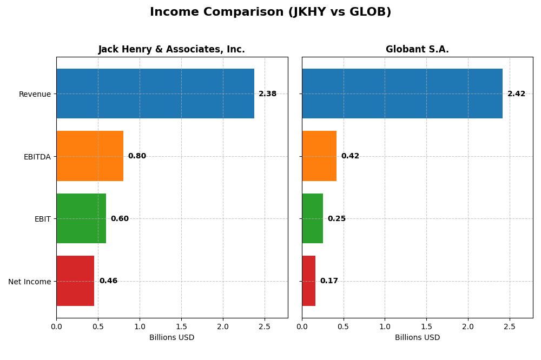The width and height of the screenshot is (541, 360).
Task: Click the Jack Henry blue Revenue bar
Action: click(155, 94)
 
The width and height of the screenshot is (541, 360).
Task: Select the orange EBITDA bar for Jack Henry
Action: click(90, 156)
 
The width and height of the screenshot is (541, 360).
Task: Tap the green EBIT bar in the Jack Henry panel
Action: click(81, 218)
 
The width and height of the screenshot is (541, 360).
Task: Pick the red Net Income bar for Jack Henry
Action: click(75, 281)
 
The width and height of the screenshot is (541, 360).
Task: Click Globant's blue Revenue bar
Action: click(402, 94)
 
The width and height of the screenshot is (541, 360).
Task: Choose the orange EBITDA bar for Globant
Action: click(319, 156)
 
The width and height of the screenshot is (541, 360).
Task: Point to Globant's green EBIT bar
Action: click(312, 218)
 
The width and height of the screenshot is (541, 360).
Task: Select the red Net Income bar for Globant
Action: click(309, 281)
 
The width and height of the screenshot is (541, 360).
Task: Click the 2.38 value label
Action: click(267, 94)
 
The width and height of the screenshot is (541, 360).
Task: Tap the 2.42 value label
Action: click(516, 94)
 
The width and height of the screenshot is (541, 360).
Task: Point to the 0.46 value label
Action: click(108, 281)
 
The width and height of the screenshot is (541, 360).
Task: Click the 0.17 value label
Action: click(329, 281)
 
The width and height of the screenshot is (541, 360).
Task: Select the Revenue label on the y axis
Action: click(35, 94)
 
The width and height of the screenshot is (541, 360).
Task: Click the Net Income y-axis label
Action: click(30, 282)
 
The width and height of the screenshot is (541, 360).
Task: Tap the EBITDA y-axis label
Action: click(37, 157)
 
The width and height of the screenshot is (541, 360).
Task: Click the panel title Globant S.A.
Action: click(417, 50)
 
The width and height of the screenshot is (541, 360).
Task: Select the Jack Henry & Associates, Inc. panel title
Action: click(171, 50)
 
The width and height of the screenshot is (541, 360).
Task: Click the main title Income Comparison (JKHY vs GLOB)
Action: click(270, 12)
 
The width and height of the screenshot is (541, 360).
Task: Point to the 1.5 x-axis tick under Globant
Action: click(426, 326)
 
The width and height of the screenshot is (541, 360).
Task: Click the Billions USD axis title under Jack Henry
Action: click(171, 338)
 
